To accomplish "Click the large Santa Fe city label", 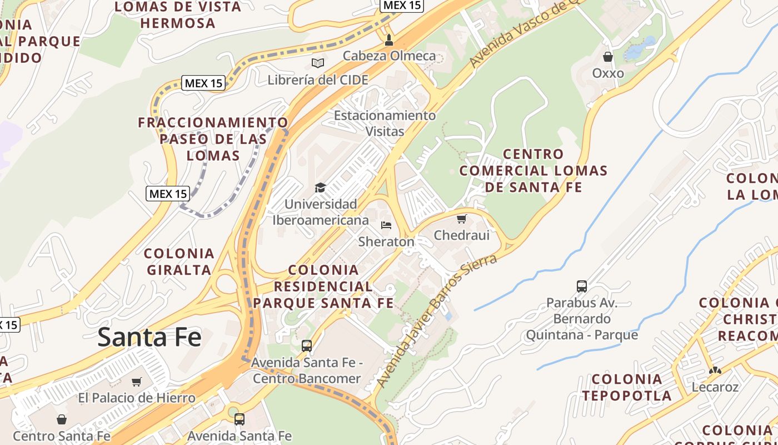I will click(x=149, y=338).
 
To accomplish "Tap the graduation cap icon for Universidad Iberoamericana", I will click(x=320, y=187).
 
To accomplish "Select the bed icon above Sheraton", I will click(x=386, y=225).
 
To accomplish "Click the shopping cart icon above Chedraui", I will click(x=462, y=219).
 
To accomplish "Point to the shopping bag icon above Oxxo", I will click(x=608, y=57).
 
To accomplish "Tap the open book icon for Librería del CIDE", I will click(x=318, y=63).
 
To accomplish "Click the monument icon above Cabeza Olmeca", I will click(x=389, y=39).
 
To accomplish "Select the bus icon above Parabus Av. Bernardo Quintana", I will click(x=582, y=286).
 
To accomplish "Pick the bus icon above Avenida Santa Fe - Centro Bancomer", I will click(x=307, y=346).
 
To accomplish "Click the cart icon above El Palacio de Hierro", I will click(x=137, y=382).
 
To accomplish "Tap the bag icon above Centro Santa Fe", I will click(x=62, y=419).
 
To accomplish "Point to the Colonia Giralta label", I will click(x=179, y=262).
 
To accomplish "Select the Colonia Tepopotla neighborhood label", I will click(x=627, y=388).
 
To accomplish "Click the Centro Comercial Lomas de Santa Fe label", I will click(x=533, y=171).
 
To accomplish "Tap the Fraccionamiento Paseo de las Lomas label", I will click(x=213, y=139).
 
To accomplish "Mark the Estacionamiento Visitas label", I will click(x=385, y=123).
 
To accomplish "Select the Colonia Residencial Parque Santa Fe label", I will click(x=323, y=286).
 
